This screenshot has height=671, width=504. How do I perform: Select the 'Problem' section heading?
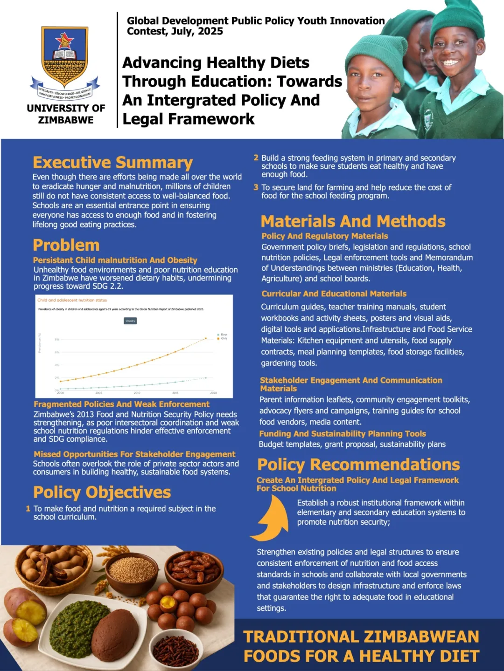[66, 245]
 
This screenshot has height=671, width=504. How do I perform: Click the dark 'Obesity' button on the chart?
[130, 321]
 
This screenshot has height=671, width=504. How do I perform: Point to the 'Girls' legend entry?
[224, 338]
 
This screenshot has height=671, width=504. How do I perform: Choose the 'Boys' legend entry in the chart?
[224, 335]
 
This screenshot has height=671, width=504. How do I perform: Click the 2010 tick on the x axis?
[137, 393]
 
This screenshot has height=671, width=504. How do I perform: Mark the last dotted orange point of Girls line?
[206, 338]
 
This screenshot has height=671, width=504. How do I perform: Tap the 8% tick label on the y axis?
[57, 339]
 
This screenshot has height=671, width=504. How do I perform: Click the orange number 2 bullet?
[256, 158]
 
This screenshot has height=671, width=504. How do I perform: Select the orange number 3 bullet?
[256, 187]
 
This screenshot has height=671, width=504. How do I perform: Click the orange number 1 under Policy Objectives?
[28, 509]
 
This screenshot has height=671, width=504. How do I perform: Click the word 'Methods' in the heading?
[411, 221]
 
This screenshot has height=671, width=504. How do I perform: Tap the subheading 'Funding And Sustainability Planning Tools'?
[343, 434]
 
